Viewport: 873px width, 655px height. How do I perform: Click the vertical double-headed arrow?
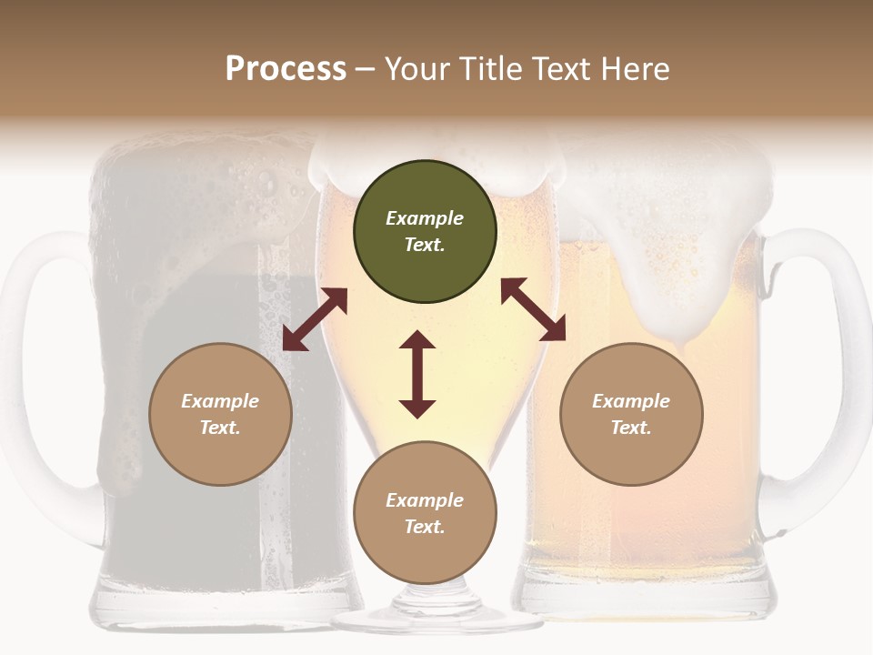417,374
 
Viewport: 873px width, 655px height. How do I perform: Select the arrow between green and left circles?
315,319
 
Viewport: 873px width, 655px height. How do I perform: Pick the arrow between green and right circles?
533,309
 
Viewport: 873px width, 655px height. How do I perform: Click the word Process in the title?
286,69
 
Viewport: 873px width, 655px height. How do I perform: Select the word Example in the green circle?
425,218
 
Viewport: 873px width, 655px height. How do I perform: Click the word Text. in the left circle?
220,428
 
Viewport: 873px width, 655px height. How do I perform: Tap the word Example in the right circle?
631,401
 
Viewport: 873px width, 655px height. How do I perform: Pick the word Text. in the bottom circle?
425,527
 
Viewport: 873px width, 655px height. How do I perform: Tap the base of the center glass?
436,619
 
